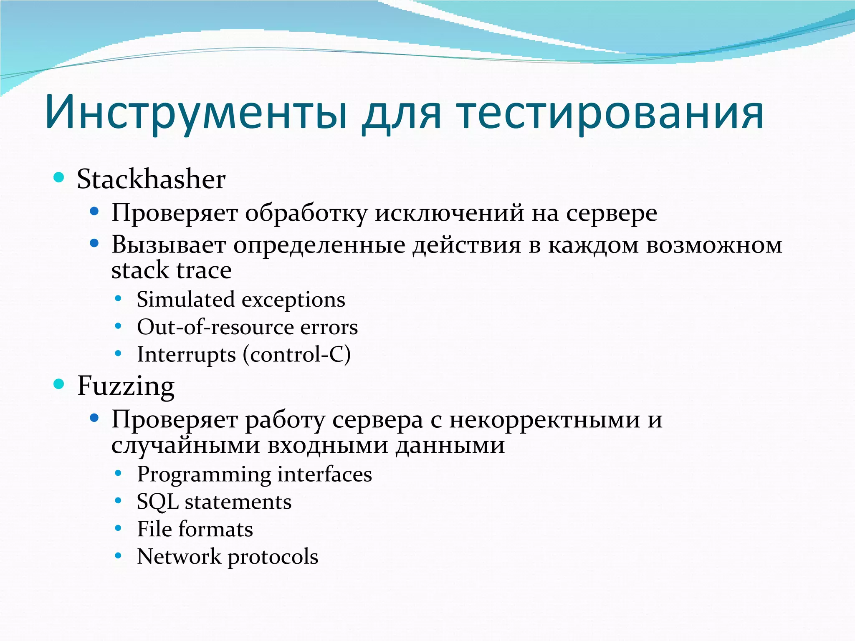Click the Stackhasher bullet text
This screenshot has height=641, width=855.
coord(151,179)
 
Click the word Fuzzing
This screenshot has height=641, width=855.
coord(126,386)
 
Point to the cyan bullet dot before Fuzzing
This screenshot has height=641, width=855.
coord(59,384)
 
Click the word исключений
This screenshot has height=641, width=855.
coord(449,213)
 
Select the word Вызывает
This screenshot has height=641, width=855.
coord(168,245)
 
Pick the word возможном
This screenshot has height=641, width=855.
coord(714,245)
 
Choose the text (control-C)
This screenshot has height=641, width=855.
coord(297,355)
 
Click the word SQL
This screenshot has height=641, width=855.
coord(157,502)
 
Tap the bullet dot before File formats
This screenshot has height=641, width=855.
coord(118,528)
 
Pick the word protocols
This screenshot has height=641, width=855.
coord(273,557)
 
